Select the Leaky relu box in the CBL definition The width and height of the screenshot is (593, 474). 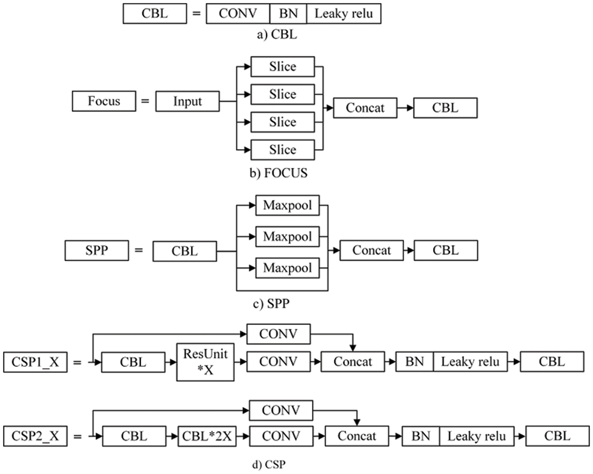[343, 13]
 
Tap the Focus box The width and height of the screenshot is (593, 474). [104, 100]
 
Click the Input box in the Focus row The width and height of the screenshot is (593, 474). [187, 101]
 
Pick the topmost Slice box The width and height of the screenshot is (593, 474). [283, 66]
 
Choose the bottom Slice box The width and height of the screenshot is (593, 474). [283, 149]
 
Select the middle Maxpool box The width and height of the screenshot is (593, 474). [287, 235]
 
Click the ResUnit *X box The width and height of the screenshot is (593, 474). [205, 362]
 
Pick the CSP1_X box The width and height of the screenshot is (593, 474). [35, 362]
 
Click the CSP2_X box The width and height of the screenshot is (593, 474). [35, 436]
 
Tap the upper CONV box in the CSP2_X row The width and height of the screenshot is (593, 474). [281, 410]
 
